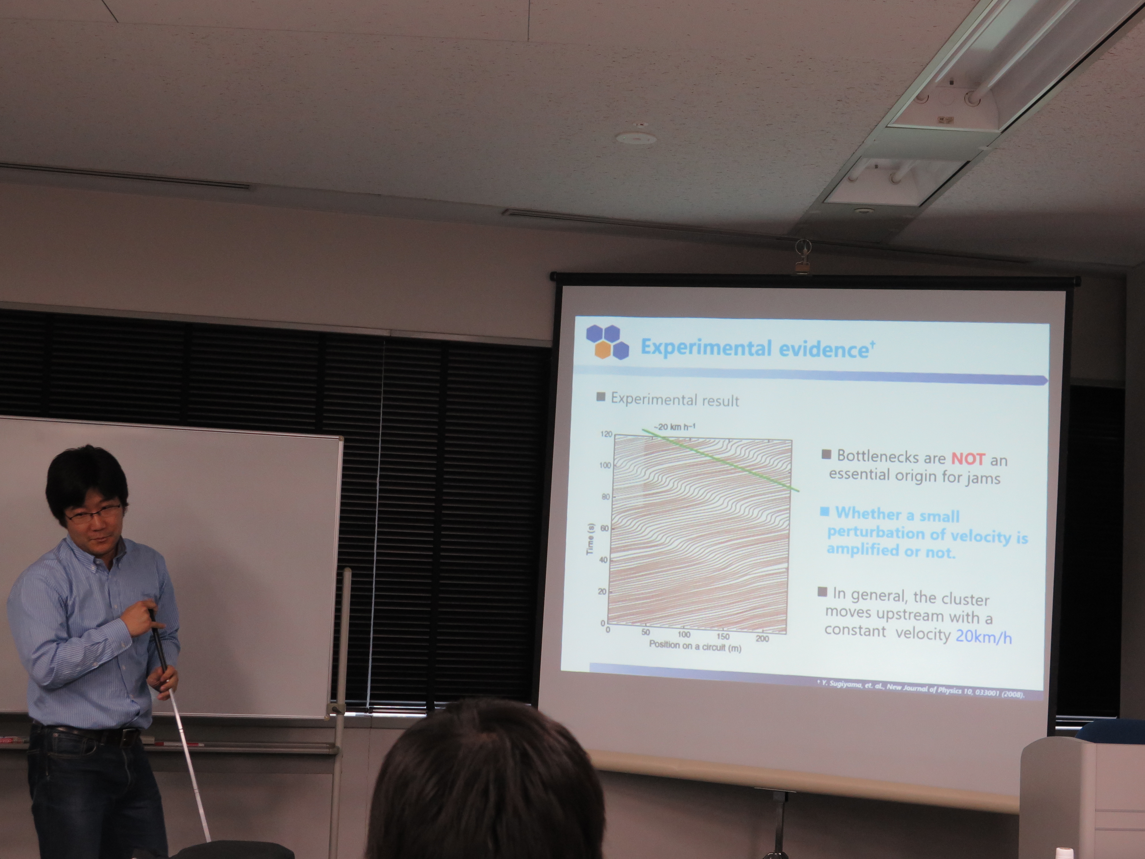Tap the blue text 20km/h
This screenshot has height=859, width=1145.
[984, 636]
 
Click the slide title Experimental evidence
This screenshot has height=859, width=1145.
[755, 348]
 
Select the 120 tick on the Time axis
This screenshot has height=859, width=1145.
[606, 434]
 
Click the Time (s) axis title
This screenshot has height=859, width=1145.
[590, 539]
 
